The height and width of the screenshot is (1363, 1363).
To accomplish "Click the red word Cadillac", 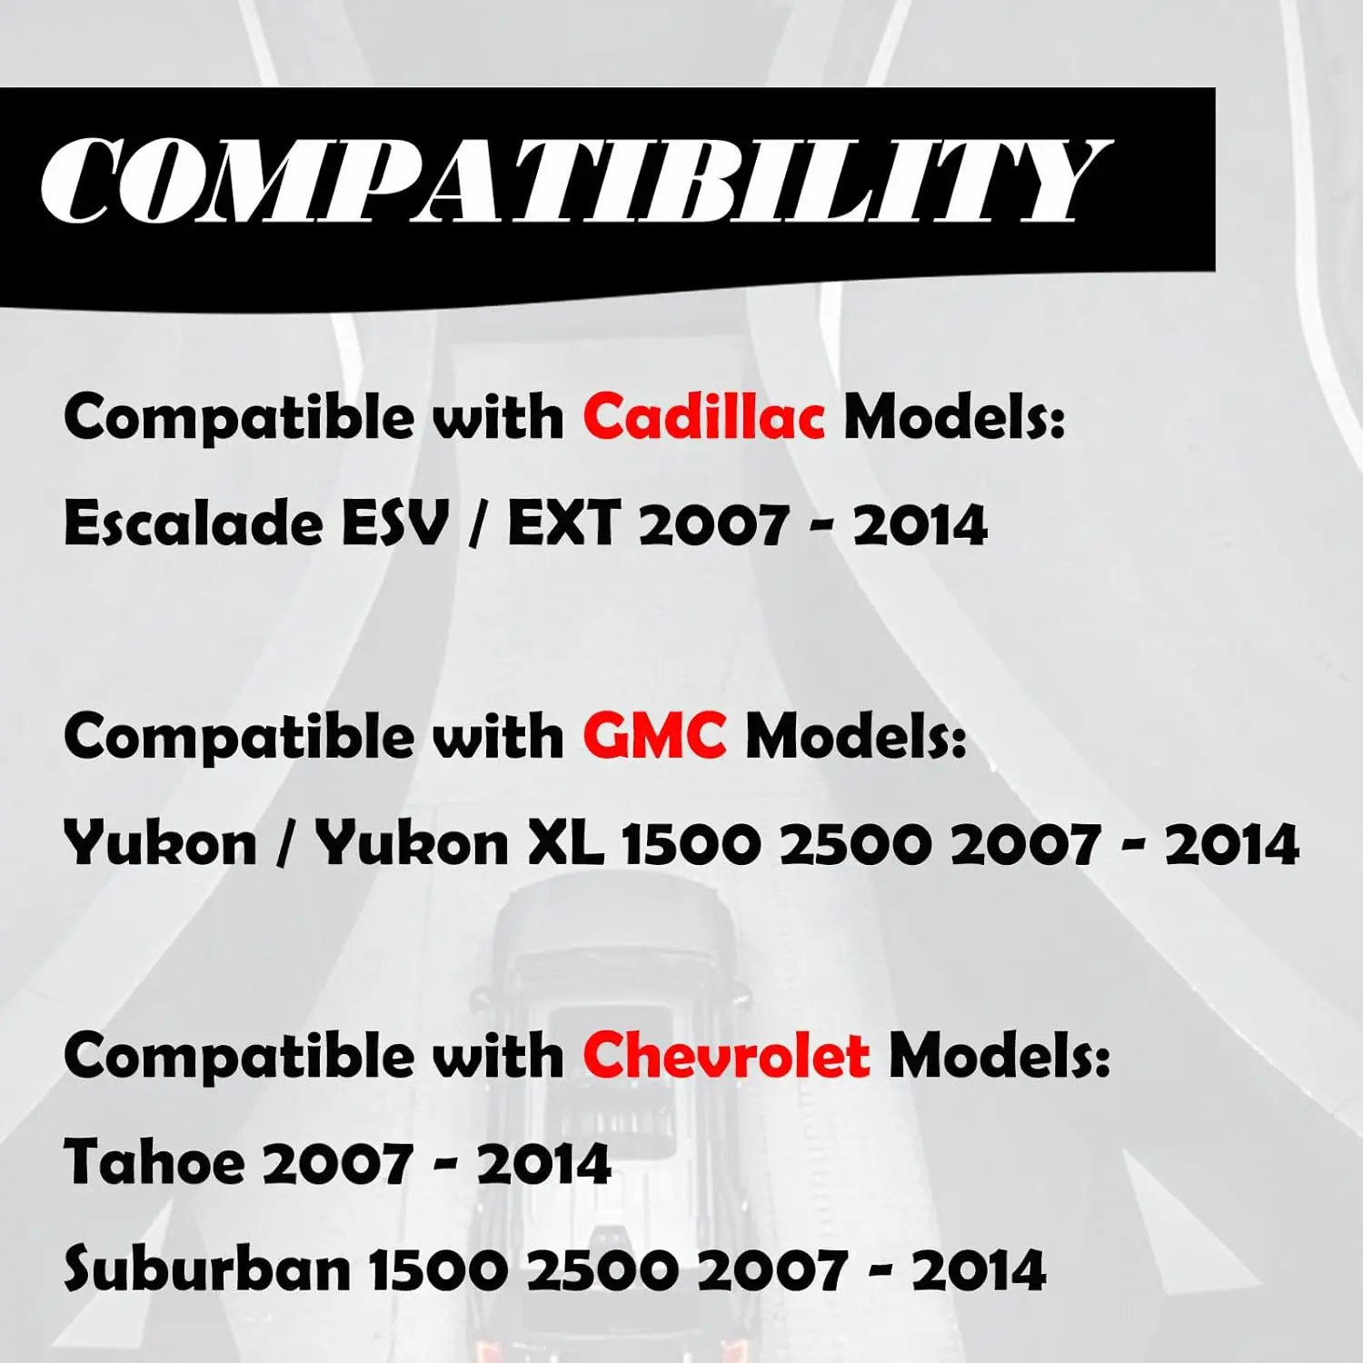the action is (x=704, y=417).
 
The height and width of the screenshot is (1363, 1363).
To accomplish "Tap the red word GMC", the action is (x=654, y=735).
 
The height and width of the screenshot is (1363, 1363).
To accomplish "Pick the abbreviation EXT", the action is (x=563, y=524).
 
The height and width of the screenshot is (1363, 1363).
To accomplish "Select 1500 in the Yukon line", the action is (x=691, y=844).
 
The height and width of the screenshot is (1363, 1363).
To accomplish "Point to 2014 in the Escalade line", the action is (x=920, y=525).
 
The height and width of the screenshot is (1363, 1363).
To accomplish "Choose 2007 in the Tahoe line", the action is (x=335, y=1163).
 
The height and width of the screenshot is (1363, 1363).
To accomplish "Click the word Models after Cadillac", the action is (x=954, y=417).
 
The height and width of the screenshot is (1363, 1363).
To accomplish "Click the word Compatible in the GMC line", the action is (x=239, y=737).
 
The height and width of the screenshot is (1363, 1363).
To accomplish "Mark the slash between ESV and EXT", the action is (x=478, y=525).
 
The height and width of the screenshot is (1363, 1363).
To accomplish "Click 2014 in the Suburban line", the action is (x=979, y=1269).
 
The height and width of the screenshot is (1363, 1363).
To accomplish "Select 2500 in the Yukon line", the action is (x=856, y=844).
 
